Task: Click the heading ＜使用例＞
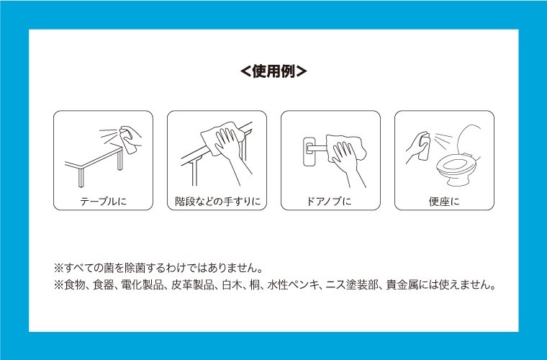(273, 71)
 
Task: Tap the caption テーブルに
(103, 202)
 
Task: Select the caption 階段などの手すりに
(217, 202)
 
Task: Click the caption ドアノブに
(329, 202)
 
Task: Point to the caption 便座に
(444, 202)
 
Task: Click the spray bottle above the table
(128, 140)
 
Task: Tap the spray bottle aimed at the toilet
(425, 146)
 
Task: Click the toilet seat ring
(456, 166)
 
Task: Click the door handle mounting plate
(309, 151)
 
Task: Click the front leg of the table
(81, 178)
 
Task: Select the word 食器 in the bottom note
(103, 285)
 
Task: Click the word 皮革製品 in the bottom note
(193, 285)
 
